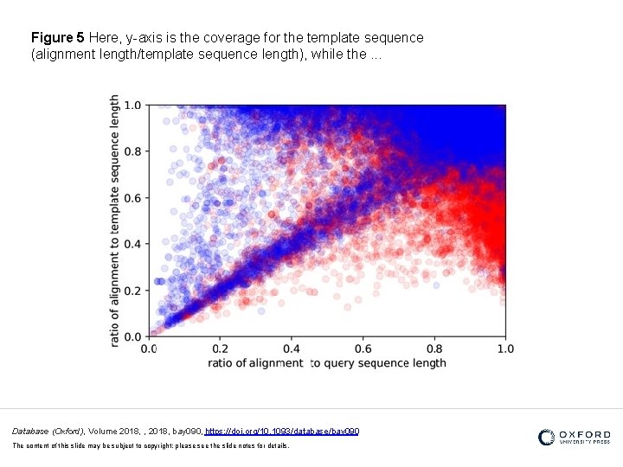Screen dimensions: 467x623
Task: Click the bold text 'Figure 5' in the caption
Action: coord(57,38)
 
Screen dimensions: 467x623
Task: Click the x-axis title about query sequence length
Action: coord(327,363)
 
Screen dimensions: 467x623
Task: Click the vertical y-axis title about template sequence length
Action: coord(115,221)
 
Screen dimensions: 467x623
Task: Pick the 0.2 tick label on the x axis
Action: coord(220,349)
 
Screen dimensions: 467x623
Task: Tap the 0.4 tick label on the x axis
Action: coord(291,349)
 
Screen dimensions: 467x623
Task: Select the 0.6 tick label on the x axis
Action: coord(363,349)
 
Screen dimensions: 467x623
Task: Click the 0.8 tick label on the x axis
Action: coord(434,349)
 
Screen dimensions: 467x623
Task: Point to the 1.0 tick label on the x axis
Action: coord(504,349)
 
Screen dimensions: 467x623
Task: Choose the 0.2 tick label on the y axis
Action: coord(132,291)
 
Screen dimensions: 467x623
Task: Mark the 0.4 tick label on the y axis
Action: coord(132,244)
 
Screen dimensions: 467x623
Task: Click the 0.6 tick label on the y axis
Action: coord(132,198)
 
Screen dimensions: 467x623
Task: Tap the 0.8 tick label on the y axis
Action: coord(132,151)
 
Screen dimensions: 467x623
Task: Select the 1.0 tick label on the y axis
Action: coord(132,106)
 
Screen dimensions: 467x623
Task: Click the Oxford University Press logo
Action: coord(574,438)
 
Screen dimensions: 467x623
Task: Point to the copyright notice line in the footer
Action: coord(151,445)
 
